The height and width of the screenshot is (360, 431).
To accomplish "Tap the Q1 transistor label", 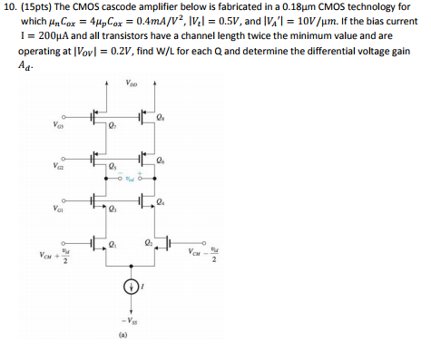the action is click(113, 243).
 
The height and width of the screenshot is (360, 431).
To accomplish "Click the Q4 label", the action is click(161, 201).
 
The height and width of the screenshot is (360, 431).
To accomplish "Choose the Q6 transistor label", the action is click(161, 159).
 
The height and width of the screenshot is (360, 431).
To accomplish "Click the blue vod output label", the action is click(132, 180).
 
